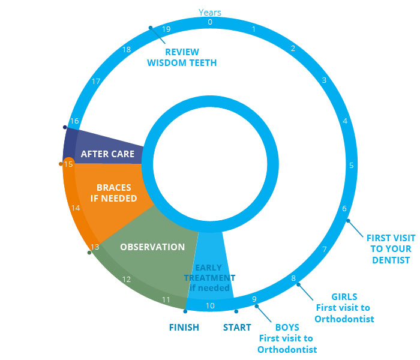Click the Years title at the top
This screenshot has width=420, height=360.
(x=210, y=12)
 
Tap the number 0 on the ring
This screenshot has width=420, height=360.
(x=210, y=22)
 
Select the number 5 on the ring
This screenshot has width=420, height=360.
(x=352, y=165)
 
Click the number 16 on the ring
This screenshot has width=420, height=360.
(x=74, y=121)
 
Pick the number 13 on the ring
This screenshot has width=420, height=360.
(x=95, y=247)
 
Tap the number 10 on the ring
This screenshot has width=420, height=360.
(x=210, y=306)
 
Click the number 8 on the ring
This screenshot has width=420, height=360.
(x=293, y=278)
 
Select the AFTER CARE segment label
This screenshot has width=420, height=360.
(x=108, y=154)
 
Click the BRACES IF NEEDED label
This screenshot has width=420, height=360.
(x=109, y=193)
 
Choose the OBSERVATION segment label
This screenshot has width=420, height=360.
(x=152, y=247)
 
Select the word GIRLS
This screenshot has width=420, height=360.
(x=344, y=296)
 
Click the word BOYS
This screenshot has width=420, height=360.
(x=287, y=328)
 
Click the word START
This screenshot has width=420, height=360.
(x=237, y=328)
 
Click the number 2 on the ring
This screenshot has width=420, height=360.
(x=293, y=49)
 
